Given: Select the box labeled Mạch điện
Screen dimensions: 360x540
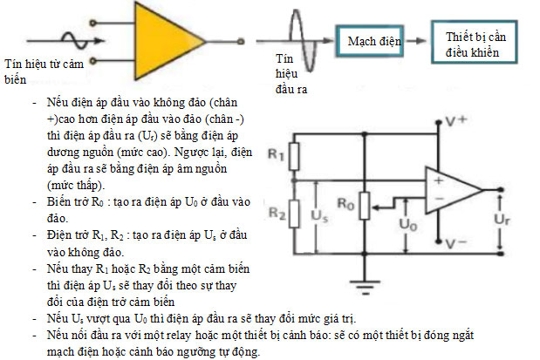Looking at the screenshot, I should [x=373, y=41].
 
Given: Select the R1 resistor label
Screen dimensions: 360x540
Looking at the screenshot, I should [x=276, y=154].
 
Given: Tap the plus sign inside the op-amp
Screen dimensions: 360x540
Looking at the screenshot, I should [x=440, y=181].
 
